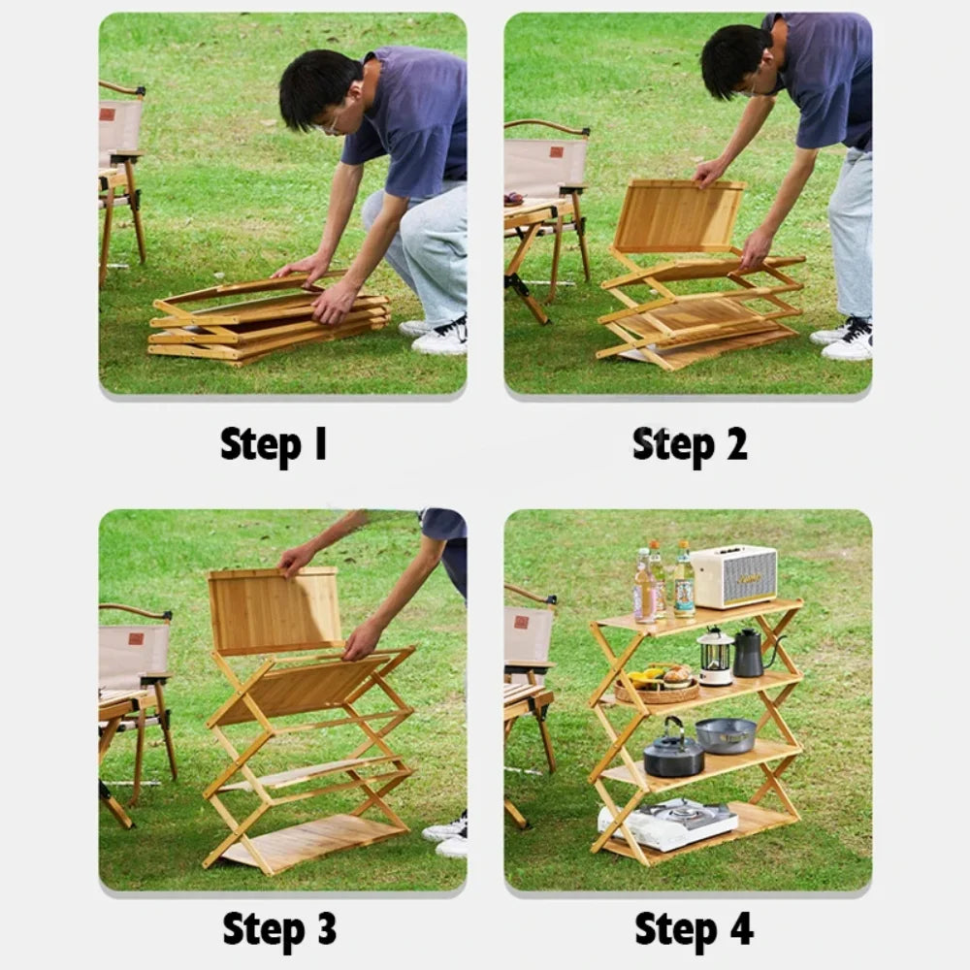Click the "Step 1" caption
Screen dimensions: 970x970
click(274, 444)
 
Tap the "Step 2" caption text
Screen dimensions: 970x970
click(690, 444)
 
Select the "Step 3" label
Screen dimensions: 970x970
click(279, 928)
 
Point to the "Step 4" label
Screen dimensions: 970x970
click(694, 928)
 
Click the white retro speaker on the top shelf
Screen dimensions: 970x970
click(733, 576)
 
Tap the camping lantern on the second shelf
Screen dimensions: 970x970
click(715, 657)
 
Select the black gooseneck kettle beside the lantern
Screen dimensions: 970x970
click(749, 653)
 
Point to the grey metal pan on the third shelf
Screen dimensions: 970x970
click(726, 735)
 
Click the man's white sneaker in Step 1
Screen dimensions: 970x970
click(441, 337)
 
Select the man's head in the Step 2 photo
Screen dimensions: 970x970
click(737, 60)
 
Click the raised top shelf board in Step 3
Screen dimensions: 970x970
click(275, 610)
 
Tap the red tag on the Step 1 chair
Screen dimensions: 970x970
click(107, 114)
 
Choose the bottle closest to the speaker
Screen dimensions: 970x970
click(685, 583)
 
